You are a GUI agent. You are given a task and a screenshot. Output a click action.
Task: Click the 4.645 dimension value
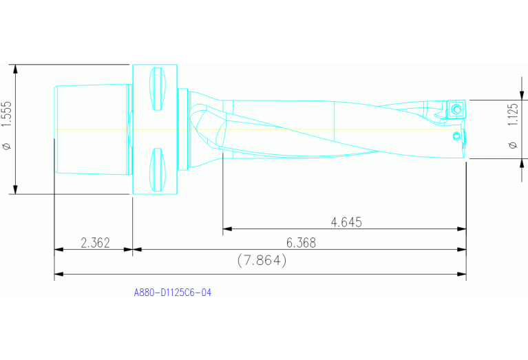346,222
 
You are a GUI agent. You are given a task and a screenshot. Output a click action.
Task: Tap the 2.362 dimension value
95,243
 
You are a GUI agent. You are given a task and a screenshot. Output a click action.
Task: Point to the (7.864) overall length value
261,261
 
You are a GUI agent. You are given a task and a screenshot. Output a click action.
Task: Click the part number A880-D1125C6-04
172,293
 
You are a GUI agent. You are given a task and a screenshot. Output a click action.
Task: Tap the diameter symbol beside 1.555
8,146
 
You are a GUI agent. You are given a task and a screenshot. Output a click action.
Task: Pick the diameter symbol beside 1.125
511,145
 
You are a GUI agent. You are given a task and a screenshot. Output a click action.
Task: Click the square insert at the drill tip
456,109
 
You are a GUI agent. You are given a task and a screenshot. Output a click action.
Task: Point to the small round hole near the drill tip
455,136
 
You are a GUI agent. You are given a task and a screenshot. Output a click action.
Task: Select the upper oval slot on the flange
156,87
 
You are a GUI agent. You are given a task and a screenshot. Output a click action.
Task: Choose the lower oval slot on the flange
156,169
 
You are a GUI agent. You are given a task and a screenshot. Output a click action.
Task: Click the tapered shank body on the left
91,129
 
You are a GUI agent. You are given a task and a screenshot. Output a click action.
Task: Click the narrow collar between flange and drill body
182,129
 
